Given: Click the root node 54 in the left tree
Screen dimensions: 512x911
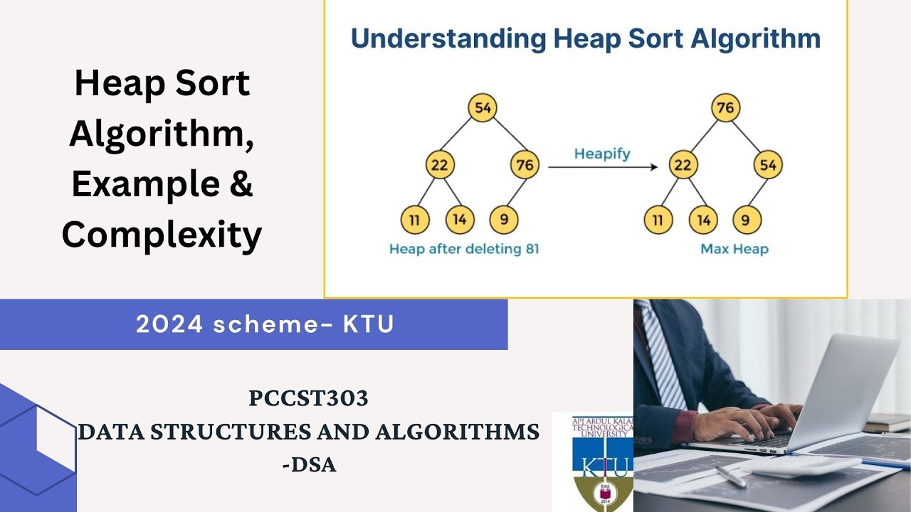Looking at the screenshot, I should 483,108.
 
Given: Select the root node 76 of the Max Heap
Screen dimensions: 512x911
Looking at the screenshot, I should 725,108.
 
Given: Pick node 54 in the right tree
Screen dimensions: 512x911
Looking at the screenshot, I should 768,165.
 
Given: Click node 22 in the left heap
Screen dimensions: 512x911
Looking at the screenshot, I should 440,165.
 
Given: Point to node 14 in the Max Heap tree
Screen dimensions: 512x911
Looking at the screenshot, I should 703,220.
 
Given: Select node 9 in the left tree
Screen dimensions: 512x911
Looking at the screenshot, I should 504,220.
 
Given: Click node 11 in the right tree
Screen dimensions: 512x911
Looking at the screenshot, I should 658,220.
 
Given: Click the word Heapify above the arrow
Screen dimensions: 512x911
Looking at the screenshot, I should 602,153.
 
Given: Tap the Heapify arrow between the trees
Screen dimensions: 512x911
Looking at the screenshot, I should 602,167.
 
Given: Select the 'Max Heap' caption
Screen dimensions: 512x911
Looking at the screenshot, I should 734,249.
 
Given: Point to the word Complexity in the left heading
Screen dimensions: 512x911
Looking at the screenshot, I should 162,235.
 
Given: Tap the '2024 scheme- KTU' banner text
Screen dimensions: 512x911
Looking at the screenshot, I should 265,324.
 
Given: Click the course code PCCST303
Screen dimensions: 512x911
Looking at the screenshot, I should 308,399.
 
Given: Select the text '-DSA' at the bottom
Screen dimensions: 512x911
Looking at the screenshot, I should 308,465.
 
